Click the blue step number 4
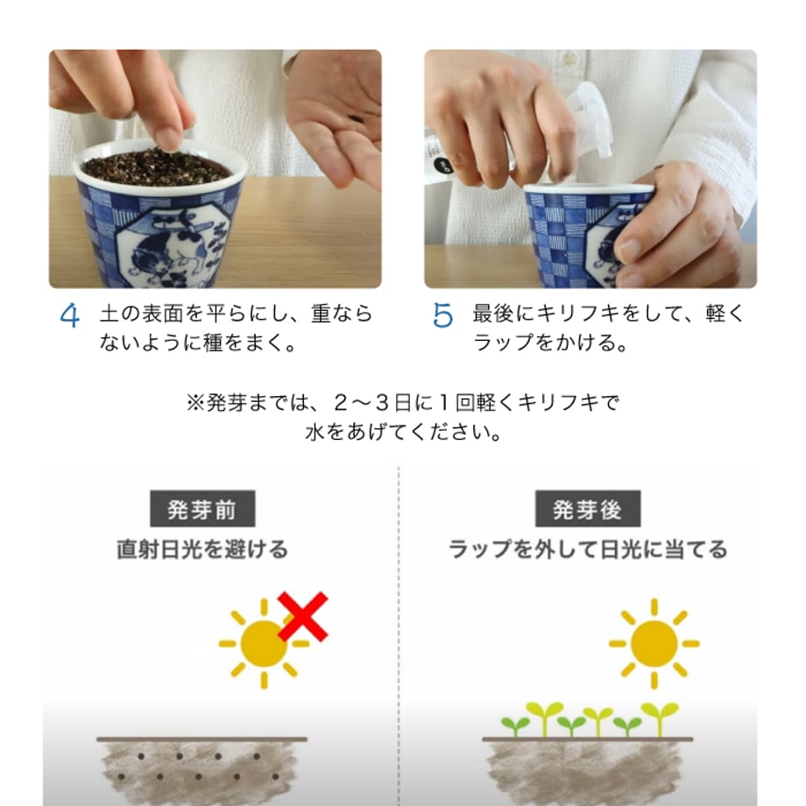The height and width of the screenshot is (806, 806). tap(70, 315)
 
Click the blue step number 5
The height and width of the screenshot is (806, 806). tap(442, 315)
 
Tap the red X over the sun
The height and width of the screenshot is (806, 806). tap(303, 617)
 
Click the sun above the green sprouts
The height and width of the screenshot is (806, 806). tap(654, 644)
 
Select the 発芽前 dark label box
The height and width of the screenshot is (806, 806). tap(202, 508)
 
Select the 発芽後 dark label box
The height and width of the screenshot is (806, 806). tap(588, 508)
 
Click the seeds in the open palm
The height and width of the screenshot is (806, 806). tap(356, 119)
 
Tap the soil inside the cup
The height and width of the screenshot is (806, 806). tap(156, 166)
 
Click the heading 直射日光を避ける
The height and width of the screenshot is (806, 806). tap(202, 549)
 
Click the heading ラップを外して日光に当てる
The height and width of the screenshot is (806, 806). tap(588, 549)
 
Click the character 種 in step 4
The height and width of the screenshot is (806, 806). tap(213, 343)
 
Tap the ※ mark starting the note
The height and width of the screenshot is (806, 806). tap(195, 402)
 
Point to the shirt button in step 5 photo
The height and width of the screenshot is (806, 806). tap(569, 58)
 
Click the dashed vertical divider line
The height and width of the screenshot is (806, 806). tap(399, 636)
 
